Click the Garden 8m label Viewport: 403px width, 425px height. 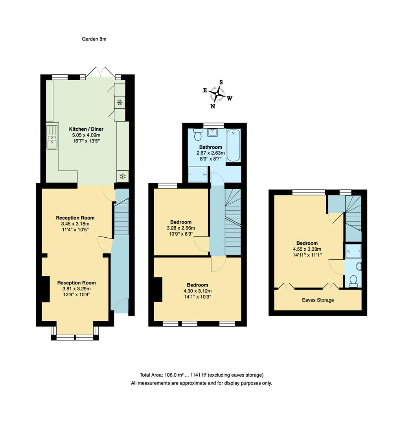[x=94, y=39]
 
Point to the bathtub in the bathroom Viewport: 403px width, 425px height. [x=234, y=145]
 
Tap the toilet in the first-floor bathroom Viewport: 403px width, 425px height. [x=198, y=135]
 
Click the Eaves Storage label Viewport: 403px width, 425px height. [x=318, y=300]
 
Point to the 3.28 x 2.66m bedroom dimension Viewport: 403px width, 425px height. [x=180, y=228]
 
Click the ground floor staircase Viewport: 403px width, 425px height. [x=121, y=218]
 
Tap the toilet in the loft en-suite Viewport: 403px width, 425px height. [x=353, y=280]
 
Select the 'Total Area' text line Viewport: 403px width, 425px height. [x=201, y=375]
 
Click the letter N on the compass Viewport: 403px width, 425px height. [x=213, y=106]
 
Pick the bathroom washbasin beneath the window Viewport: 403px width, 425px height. [x=213, y=132]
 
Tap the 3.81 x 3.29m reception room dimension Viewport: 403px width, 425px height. [x=76, y=289]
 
